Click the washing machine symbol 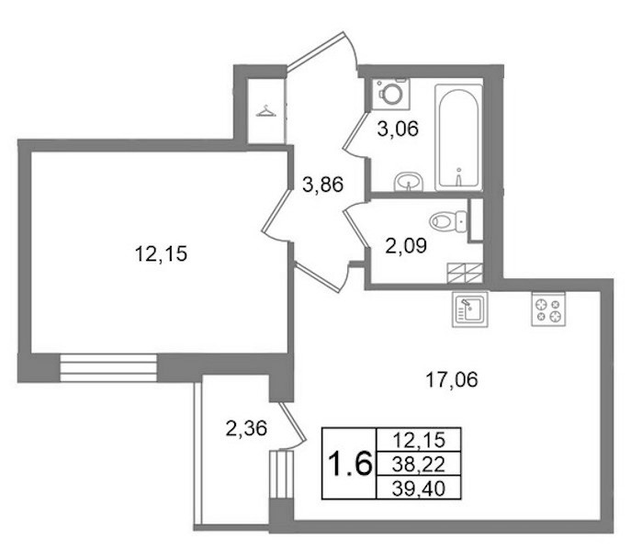pyautogui.click(x=390, y=95)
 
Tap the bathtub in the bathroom pyautogui.click(x=458, y=137)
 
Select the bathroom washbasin pyautogui.click(x=409, y=182)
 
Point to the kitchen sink pyautogui.click(x=470, y=309)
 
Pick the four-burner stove pyautogui.click(x=548, y=309)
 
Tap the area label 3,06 pyautogui.click(x=398, y=129)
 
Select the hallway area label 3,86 pyautogui.click(x=322, y=185)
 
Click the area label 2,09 pyautogui.click(x=406, y=245)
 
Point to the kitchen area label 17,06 pyautogui.click(x=452, y=379)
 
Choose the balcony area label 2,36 pyautogui.click(x=246, y=428)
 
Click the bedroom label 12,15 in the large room pyautogui.click(x=161, y=254)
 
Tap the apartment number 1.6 pyautogui.click(x=349, y=463)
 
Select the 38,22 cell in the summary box pyautogui.click(x=419, y=465)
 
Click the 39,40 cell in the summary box pyautogui.click(x=419, y=489)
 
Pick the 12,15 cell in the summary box pyautogui.click(x=419, y=440)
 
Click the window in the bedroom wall pyautogui.click(x=107, y=367)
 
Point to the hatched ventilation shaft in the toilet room pyautogui.click(x=465, y=273)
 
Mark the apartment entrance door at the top pyautogui.click(x=322, y=51)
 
